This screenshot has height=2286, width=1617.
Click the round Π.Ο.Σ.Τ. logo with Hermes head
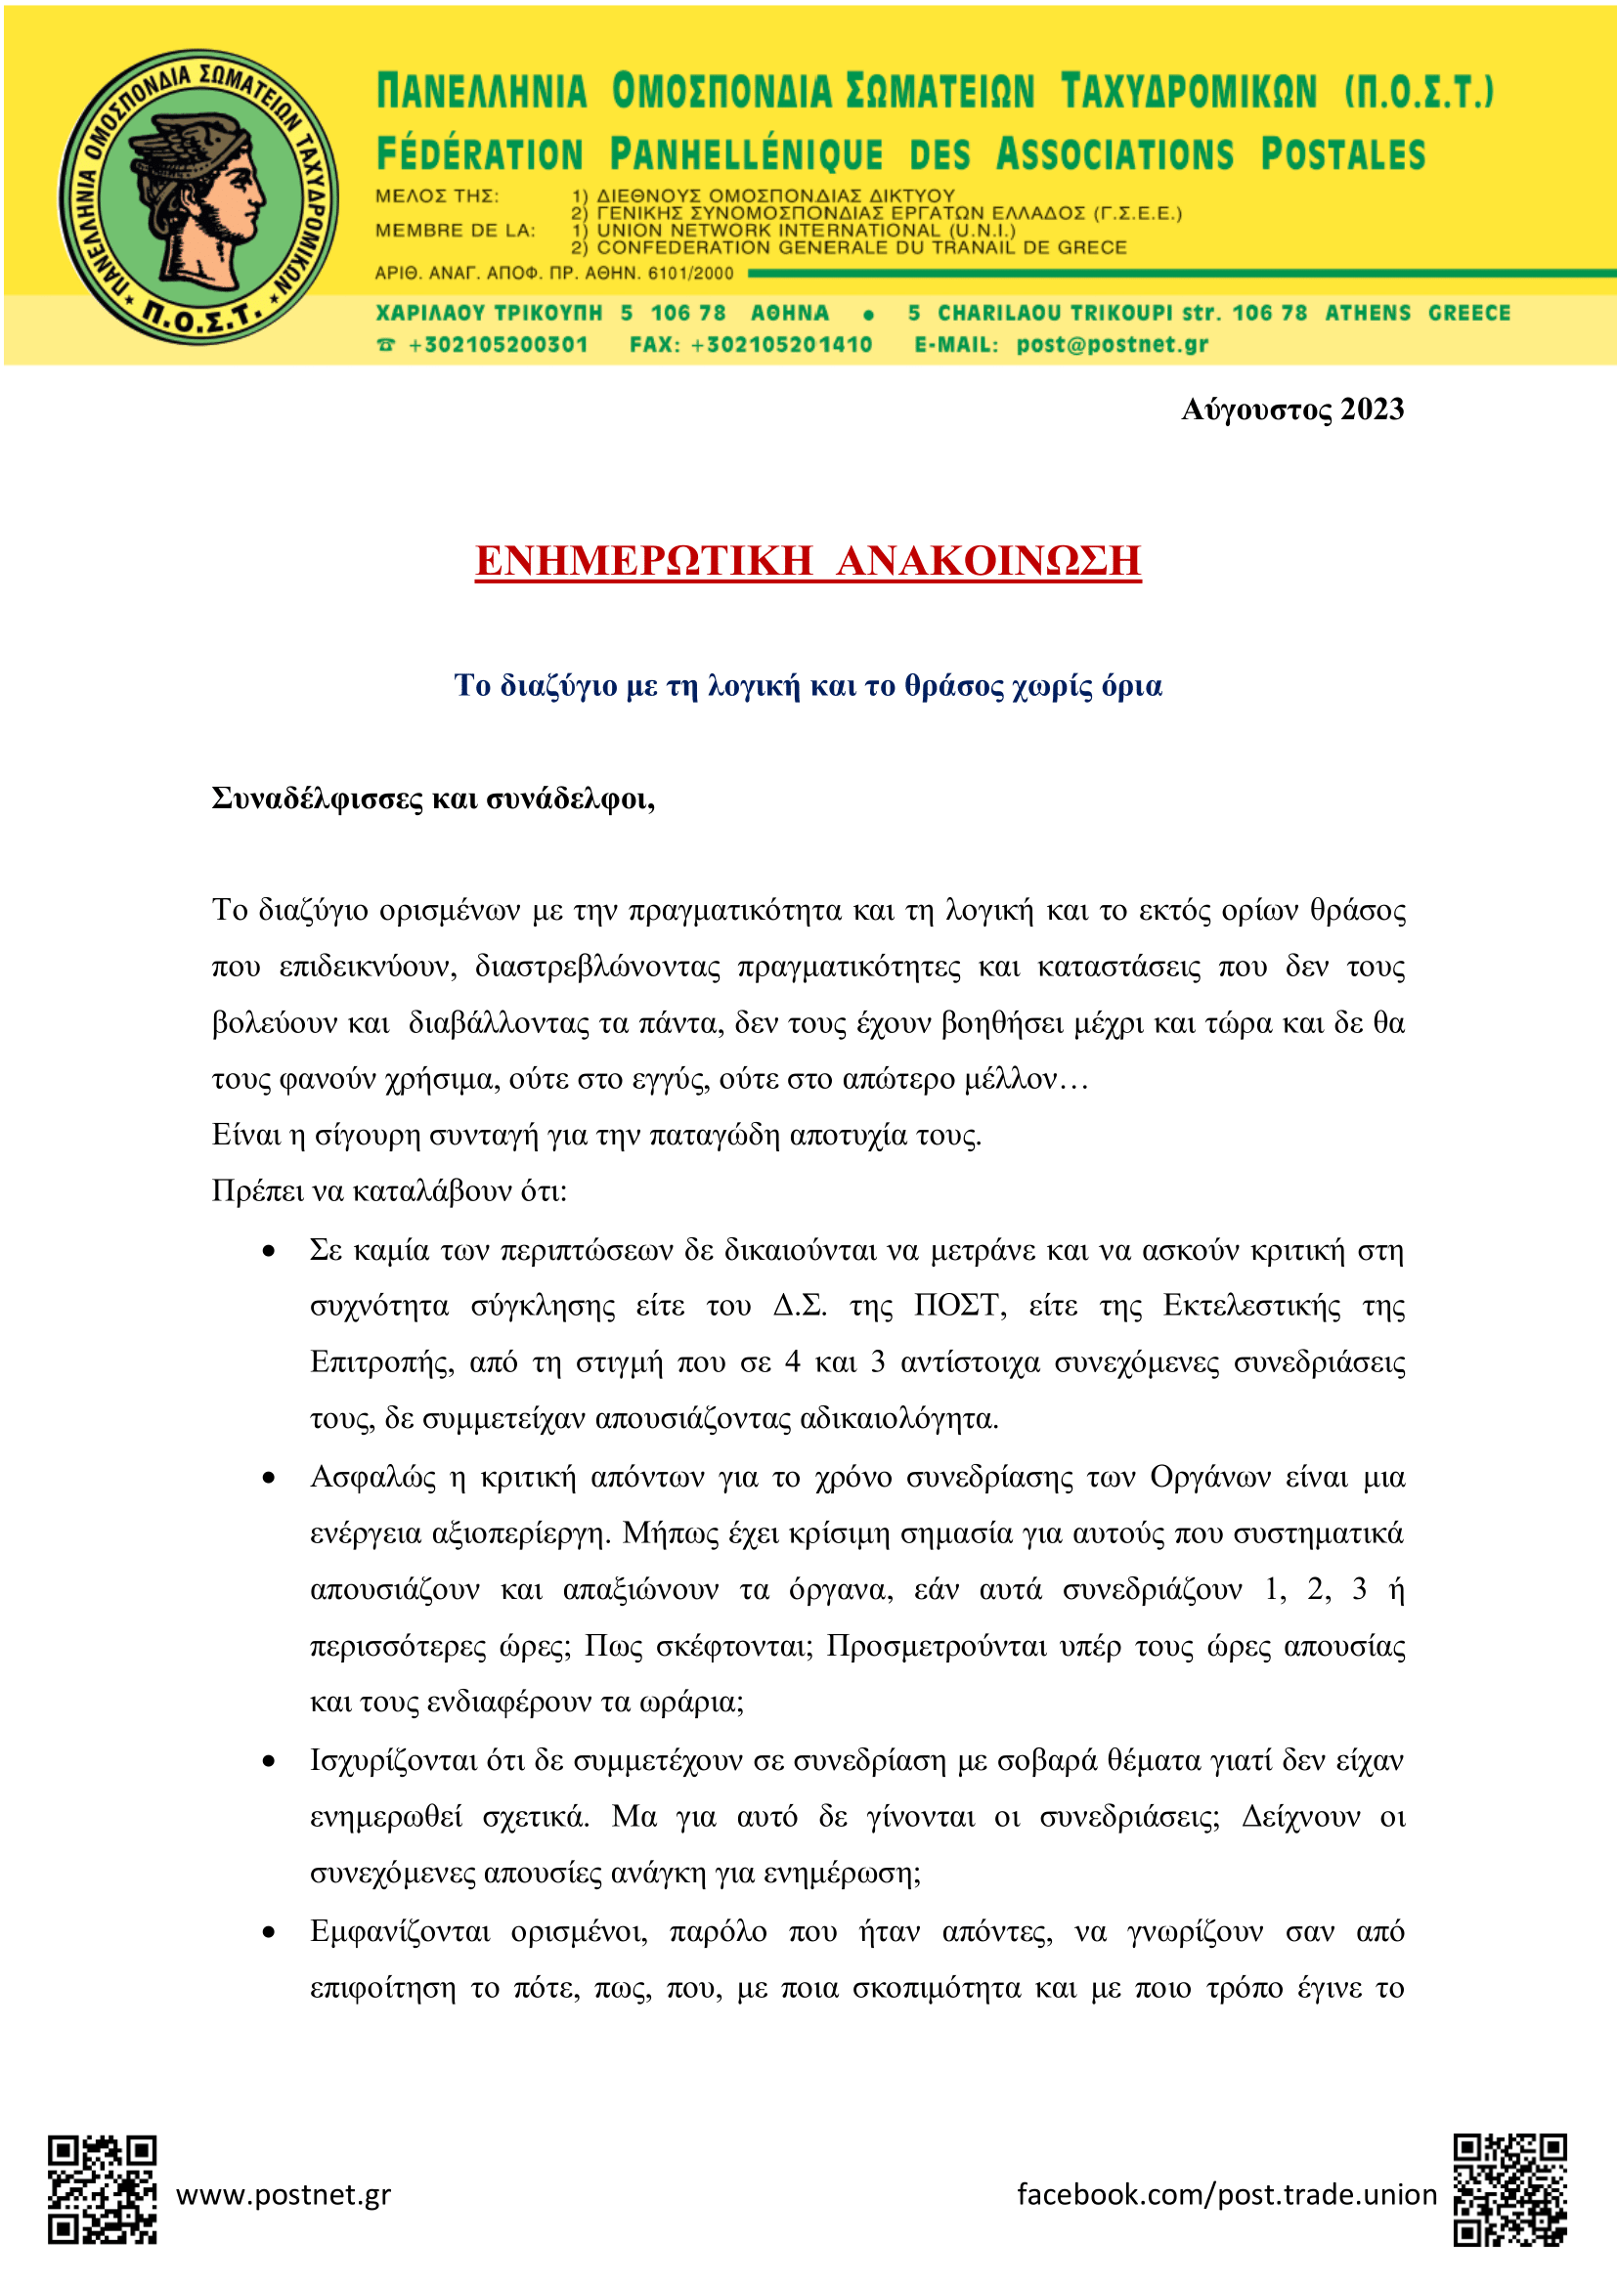(x=198, y=197)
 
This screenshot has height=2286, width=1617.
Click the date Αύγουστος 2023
(x=1291, y=410)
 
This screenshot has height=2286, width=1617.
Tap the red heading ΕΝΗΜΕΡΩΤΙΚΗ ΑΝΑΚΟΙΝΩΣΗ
(x=808, y=561)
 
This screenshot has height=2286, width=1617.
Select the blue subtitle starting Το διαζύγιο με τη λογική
(x=808, y=686)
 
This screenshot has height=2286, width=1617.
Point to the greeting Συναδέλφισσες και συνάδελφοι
(x=433, y=798)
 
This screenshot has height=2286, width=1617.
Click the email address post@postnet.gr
(x=1112, y=344)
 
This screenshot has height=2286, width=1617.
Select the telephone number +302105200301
(x=497, y=344)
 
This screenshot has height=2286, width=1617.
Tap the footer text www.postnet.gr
(x=284, y=2194)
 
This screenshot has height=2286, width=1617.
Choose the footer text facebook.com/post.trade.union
(x=1227, y=2194)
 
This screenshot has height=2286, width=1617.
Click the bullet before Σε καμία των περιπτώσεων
(x=268, y=1252)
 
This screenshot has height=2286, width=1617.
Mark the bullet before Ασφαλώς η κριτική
(x=268, y=1479)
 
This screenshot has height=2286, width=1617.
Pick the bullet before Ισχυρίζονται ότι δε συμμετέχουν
(x=268, y=1762)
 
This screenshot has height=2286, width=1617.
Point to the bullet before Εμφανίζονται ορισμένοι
(x=268, y=1933)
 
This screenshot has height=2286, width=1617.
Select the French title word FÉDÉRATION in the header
(x=479, y=155)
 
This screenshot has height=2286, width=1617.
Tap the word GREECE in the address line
(x=1468, y=313)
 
